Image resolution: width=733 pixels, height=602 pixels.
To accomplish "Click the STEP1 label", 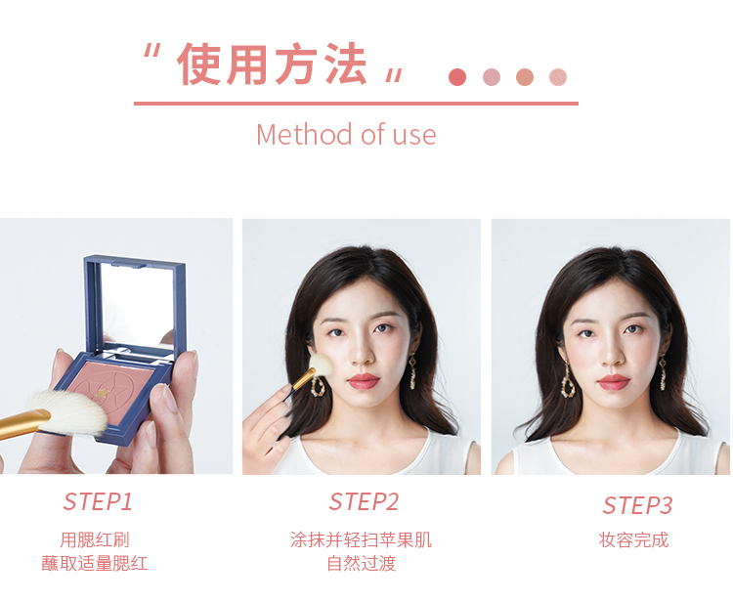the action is pyautogui.click(x=98, y=502).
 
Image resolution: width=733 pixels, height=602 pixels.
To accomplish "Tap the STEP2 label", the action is pyautogui.click(x=364, y=502).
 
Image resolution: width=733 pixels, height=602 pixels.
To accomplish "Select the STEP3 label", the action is pyautogui.click(x=637, y=505).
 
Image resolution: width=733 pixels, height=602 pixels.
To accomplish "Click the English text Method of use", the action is pyautogui.click(x=346, y=135).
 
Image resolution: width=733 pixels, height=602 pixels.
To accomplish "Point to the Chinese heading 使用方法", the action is pyautogui.click(x=272, y=64).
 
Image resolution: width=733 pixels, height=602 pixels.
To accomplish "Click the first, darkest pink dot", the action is pyautogui.click(x=457, y=77).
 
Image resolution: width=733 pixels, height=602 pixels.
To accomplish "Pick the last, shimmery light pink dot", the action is pyautogui.click(x=558, y=77).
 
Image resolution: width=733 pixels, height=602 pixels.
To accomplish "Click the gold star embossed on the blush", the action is pyautogui.click(x=102, y=393).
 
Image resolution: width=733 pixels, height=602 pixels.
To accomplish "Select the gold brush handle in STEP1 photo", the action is pyautogui.click(x=23, y=423).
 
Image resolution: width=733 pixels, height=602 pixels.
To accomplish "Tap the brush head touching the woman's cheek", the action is pyautogui.click(x=322, y=365).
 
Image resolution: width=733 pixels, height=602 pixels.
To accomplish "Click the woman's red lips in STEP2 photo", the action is pyautogui.click(x=364, y=381).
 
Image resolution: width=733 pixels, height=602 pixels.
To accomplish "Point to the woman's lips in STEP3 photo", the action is pyautogui.click(x=614, y=382).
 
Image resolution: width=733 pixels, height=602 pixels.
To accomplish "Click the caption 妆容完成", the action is pyautogui.click(x=633, y=540).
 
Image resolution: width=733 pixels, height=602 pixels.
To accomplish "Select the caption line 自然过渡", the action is pyautogui.click(x=361, y=563).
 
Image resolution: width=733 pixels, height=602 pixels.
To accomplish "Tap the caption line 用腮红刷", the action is pyautogui.click(x=95, y=540).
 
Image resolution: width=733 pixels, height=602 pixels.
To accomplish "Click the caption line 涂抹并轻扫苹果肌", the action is pyautogui.click(x=361, y=540).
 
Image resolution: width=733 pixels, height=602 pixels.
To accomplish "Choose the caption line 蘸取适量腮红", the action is pyautogui.click(x=95, y=563).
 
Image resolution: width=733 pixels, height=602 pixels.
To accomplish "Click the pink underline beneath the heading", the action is pyautogui.click(x=356, y=104).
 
